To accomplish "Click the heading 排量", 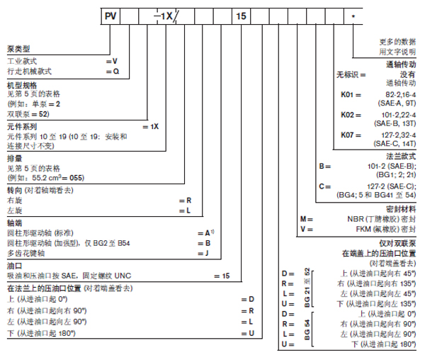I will [x=12, y=157].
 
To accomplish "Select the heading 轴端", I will [x=12, y=220].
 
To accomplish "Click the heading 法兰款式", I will [x=401, y=154].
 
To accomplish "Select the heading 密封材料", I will [x=400, y=210].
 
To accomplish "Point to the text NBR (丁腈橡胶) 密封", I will [x=385, y=220].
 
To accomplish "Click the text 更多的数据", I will [x=396, y=42].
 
